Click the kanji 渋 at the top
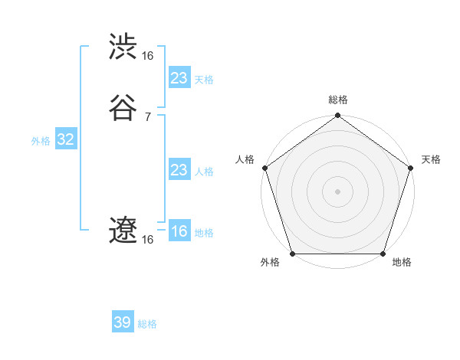[123, 47]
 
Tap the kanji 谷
[123, 108]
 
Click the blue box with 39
[123, 322]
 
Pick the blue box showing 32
[65, 139]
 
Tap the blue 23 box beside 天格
[179, 78]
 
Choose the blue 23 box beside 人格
[179, 170]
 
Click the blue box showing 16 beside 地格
[179, 231]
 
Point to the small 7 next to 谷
[147, 116]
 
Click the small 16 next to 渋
[147, 55]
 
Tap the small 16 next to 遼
[147, 240]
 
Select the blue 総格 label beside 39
[147, 324]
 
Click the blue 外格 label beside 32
[41, 141]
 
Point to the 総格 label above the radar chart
[338, 100]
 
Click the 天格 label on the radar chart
[431, 159]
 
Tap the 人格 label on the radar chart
[245, 159]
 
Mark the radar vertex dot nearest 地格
[383, 254]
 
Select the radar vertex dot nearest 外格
[291, 254]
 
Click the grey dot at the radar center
[337, 191]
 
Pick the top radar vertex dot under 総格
[337, 116]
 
